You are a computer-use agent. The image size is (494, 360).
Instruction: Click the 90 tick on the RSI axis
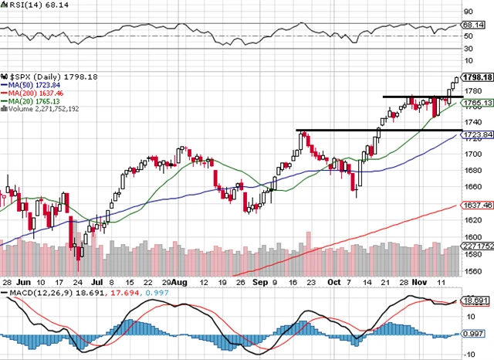tap(468, 12)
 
